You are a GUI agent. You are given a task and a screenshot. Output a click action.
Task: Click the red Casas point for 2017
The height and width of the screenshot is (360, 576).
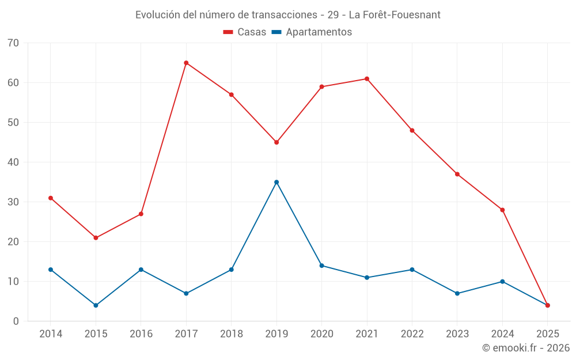click(186, 63)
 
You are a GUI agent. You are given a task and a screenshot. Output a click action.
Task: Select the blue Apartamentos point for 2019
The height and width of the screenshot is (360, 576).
click(276, 182)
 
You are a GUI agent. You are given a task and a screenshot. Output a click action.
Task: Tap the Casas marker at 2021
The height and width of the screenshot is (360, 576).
click(367, 79)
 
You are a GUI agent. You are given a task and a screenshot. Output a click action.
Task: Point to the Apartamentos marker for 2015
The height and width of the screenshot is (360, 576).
click(96, 305)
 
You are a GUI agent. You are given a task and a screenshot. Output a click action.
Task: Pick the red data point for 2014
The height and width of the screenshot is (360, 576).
click(51, 198)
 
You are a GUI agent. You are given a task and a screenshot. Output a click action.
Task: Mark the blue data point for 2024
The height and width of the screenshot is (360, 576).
click(502, 282)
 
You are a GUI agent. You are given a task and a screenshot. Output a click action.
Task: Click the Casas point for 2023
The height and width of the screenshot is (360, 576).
click(457, 174)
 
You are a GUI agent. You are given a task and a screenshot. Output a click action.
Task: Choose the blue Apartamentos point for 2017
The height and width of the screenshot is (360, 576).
click(186, 294)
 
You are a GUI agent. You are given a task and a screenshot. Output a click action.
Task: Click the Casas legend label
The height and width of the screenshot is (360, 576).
click(252, 32)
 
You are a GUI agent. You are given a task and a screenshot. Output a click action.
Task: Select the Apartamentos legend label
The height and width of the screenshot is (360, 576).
click(319, 32)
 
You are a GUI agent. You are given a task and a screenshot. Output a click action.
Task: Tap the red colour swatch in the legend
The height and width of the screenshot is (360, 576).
click(228, 32)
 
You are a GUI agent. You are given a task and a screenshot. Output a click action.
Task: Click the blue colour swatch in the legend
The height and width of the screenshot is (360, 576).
click(276, 32)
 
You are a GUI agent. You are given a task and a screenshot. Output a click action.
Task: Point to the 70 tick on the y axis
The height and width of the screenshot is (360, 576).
click(13, 43)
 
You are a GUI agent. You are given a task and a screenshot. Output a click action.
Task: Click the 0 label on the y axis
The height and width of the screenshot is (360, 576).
click(16, 321)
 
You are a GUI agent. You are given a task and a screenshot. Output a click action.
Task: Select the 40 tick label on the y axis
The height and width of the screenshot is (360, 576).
click(13, 162)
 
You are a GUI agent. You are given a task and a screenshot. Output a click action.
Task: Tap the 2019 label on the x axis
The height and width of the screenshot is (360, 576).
click(276, 334)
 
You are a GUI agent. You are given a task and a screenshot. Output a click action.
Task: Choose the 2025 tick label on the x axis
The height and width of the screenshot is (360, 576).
click(548, 334)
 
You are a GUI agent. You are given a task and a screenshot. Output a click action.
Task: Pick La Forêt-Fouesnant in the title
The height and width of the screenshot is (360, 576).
click(395, 15)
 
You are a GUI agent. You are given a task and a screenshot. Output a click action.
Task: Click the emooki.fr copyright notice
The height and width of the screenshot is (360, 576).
click(526, 348)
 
